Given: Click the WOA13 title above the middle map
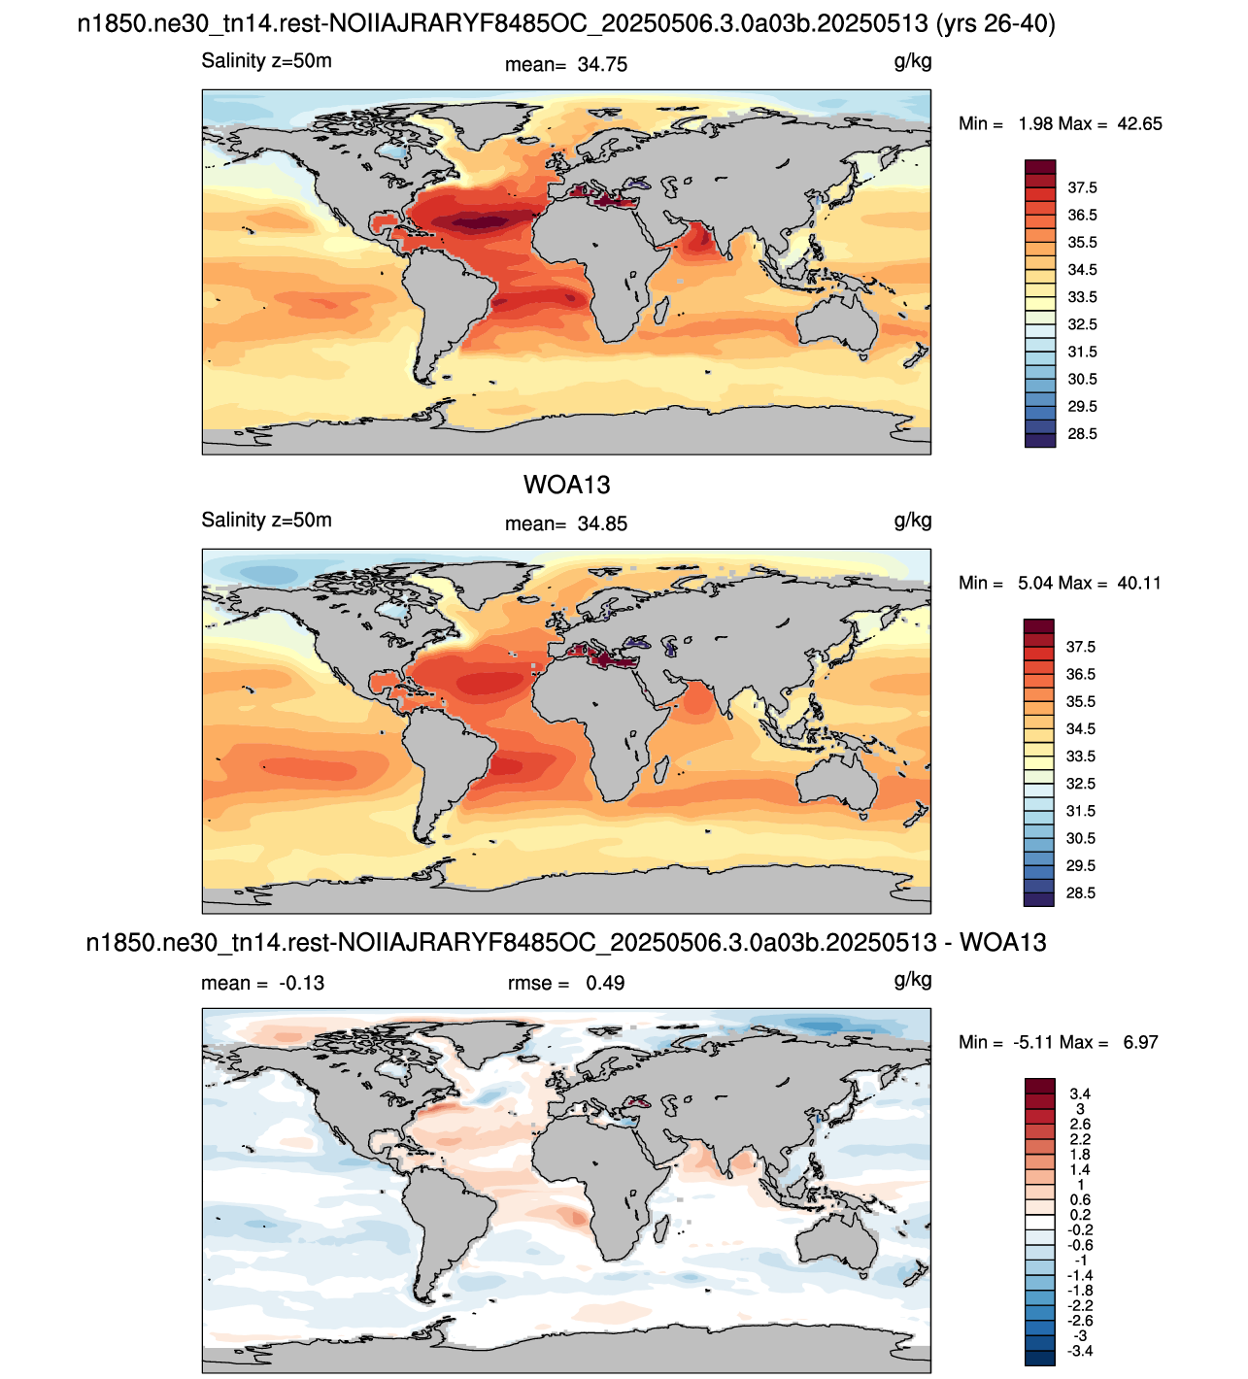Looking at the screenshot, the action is [x=566, y=486].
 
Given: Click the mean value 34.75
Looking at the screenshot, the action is [x=602, y=65].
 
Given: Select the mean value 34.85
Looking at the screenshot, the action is [x=602, y=523].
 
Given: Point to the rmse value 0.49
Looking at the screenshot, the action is [x=605, y=983].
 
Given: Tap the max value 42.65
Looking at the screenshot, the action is [x=1139, y=123].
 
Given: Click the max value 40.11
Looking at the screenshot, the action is [x=1138, y=583].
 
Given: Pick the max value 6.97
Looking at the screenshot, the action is [x=1141, y=1042].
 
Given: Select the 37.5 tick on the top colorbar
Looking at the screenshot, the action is [x=1082, y=187].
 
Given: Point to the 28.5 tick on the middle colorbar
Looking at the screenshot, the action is [x=1080, y=893].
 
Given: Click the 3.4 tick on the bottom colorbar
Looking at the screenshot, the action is [x=1080, y=1093].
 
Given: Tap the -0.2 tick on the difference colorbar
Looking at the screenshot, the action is [x=1080, y=1229].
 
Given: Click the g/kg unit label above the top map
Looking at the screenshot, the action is [x=913, y=62].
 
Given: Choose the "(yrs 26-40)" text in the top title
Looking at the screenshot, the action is [x=995, y=24].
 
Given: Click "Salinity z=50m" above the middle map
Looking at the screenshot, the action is [x=266, y=520].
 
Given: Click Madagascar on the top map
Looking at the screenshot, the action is [x=660, y=311].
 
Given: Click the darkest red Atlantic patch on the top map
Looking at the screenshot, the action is [x=482, y=222].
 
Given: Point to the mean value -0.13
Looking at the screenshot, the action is [x=302, y=983].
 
